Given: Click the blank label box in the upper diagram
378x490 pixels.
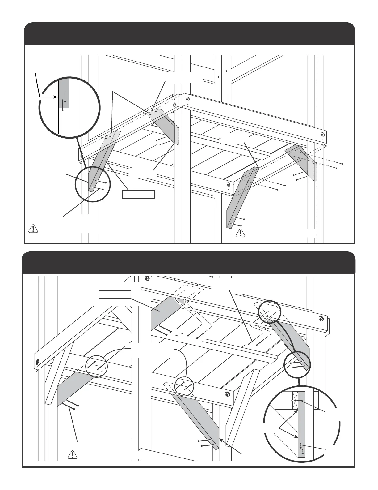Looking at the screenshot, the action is (x=138, y=194).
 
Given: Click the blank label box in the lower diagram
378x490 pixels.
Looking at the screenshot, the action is (x=115, y=294).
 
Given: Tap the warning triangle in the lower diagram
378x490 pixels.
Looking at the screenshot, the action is (x=72, y=454).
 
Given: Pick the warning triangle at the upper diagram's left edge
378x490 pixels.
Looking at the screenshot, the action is (x=32, y=229).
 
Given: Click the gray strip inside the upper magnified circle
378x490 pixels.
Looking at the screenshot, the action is (x=64, y=93).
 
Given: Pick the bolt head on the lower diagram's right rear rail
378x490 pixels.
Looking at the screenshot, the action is (x=321, y=318).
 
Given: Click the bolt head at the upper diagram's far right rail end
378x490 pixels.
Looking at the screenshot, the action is (x=322, y=135).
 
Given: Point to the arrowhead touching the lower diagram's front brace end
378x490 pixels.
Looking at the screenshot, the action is (x=220, y=439).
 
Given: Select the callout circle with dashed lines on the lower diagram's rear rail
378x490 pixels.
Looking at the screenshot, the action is (x=269, y=312).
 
